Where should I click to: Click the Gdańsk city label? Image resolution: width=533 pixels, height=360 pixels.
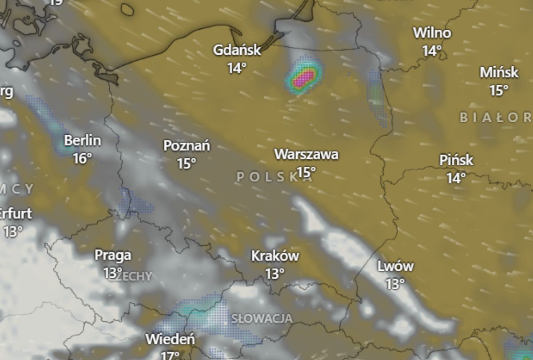237,49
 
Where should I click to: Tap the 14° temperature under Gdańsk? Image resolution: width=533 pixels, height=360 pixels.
237,68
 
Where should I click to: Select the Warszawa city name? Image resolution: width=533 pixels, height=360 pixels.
306,154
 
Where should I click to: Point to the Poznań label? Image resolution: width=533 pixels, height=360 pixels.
187,145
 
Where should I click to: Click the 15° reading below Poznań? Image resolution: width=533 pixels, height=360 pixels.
187,164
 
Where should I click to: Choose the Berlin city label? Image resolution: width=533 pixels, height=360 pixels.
83,140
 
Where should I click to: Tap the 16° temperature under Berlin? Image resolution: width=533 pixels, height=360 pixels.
83,158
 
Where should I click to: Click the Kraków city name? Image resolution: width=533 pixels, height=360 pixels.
275,256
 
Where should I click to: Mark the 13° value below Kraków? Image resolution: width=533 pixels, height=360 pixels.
275,274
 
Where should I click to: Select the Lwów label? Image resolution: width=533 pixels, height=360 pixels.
395,266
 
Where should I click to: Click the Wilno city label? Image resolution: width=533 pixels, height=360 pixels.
432,32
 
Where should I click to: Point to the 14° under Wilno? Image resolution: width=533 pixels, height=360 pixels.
432,51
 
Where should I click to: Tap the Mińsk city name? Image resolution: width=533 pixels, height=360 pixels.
499,72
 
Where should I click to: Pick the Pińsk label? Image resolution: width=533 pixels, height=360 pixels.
456,160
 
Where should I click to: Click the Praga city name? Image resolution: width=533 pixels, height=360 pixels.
113,255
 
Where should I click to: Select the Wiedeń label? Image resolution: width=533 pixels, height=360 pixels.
170,339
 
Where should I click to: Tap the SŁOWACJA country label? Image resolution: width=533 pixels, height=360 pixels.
262,319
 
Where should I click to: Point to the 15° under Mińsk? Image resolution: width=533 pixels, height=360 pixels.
499,90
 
